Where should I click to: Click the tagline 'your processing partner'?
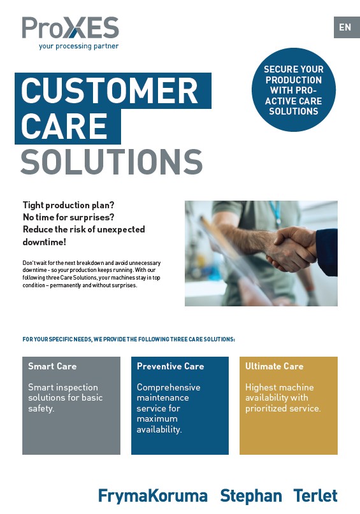(78, 46)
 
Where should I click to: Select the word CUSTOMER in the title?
(110, 90)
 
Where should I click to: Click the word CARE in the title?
(64, 126)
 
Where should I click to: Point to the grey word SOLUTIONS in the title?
(112, 162)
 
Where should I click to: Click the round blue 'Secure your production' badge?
(294, 90)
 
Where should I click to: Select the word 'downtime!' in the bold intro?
(44, 242)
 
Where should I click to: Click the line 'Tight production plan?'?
(69, 205)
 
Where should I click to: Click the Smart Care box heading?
(52, 366)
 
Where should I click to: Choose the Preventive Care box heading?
(171, 366)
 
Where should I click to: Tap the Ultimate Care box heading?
(275, 366)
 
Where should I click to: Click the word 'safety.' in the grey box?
(41, 409)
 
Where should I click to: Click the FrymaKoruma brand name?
(153, 496)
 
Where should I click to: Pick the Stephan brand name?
(251, 496)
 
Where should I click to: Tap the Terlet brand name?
(315, 496)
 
